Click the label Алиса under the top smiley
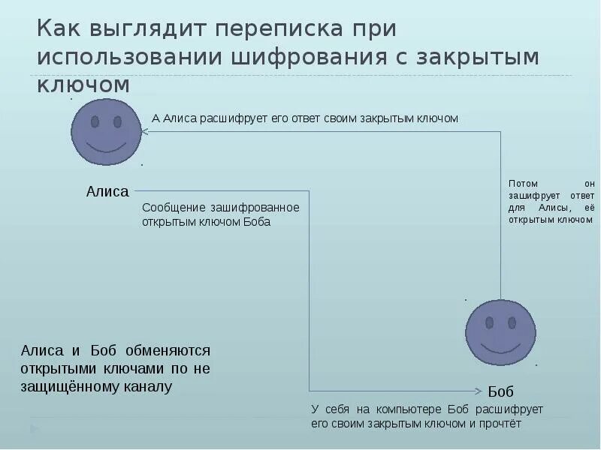[107, 191]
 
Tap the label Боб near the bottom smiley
[501, 391]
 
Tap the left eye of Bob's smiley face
[489, 322]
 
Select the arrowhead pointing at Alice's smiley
[146, 131]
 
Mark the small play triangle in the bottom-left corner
[33, 429]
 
